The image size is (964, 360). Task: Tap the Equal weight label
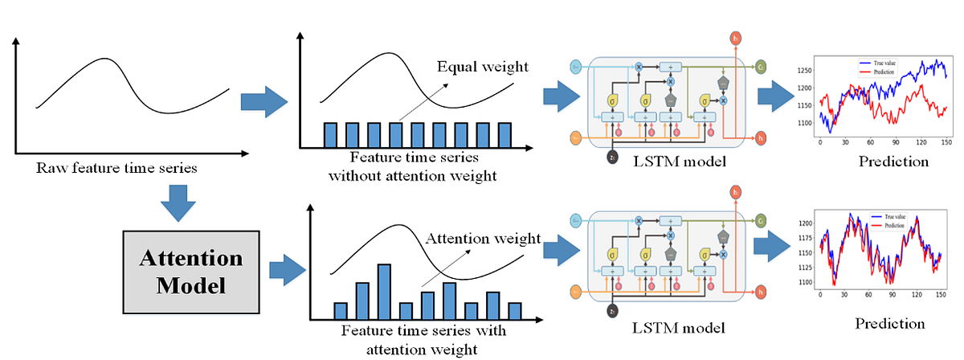(x=482, y=66)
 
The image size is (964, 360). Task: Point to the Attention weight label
(x=482, y=239)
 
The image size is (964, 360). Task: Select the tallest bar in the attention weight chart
(x=384, y=292)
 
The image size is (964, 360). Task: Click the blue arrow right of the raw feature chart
(x=263, y=100)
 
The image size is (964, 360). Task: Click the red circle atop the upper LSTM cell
(x=734, y=38)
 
